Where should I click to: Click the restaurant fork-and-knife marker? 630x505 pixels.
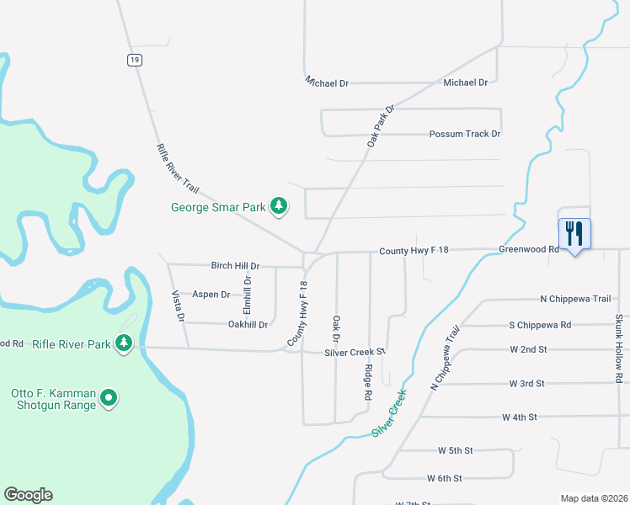pyautogui.click(x=574, y=232)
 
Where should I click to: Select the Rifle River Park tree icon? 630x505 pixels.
pyautogui.click(x=125, y=343)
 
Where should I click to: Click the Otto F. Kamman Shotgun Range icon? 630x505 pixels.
pyautogui.click(x=109, y=398)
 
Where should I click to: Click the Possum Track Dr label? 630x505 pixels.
pyautogui.click(x=465, y=134)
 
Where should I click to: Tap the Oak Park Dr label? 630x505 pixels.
pyautogui.click(x=381, y=126)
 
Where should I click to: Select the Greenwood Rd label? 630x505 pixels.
pyautogui.click(x=529, y=250)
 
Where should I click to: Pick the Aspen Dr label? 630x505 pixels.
pyautogui.click(x=211, y=295)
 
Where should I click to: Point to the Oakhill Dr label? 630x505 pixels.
pyautogui.click(x=248, y=324)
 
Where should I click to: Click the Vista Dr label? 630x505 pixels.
pyautogui.click(x=178, y=307)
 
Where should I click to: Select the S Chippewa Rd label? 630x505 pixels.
pyautogui.click(x=540, y=325)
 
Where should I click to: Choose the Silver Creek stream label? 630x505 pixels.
pyautogui.click(x=388, y=412)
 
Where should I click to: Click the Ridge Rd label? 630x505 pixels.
pyautogui.click(x=369, y=383)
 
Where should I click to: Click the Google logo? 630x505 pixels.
pyautogui.click(x=28, y=495)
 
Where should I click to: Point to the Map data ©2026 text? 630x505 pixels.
pyautogui.click(x=593, y=498)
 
